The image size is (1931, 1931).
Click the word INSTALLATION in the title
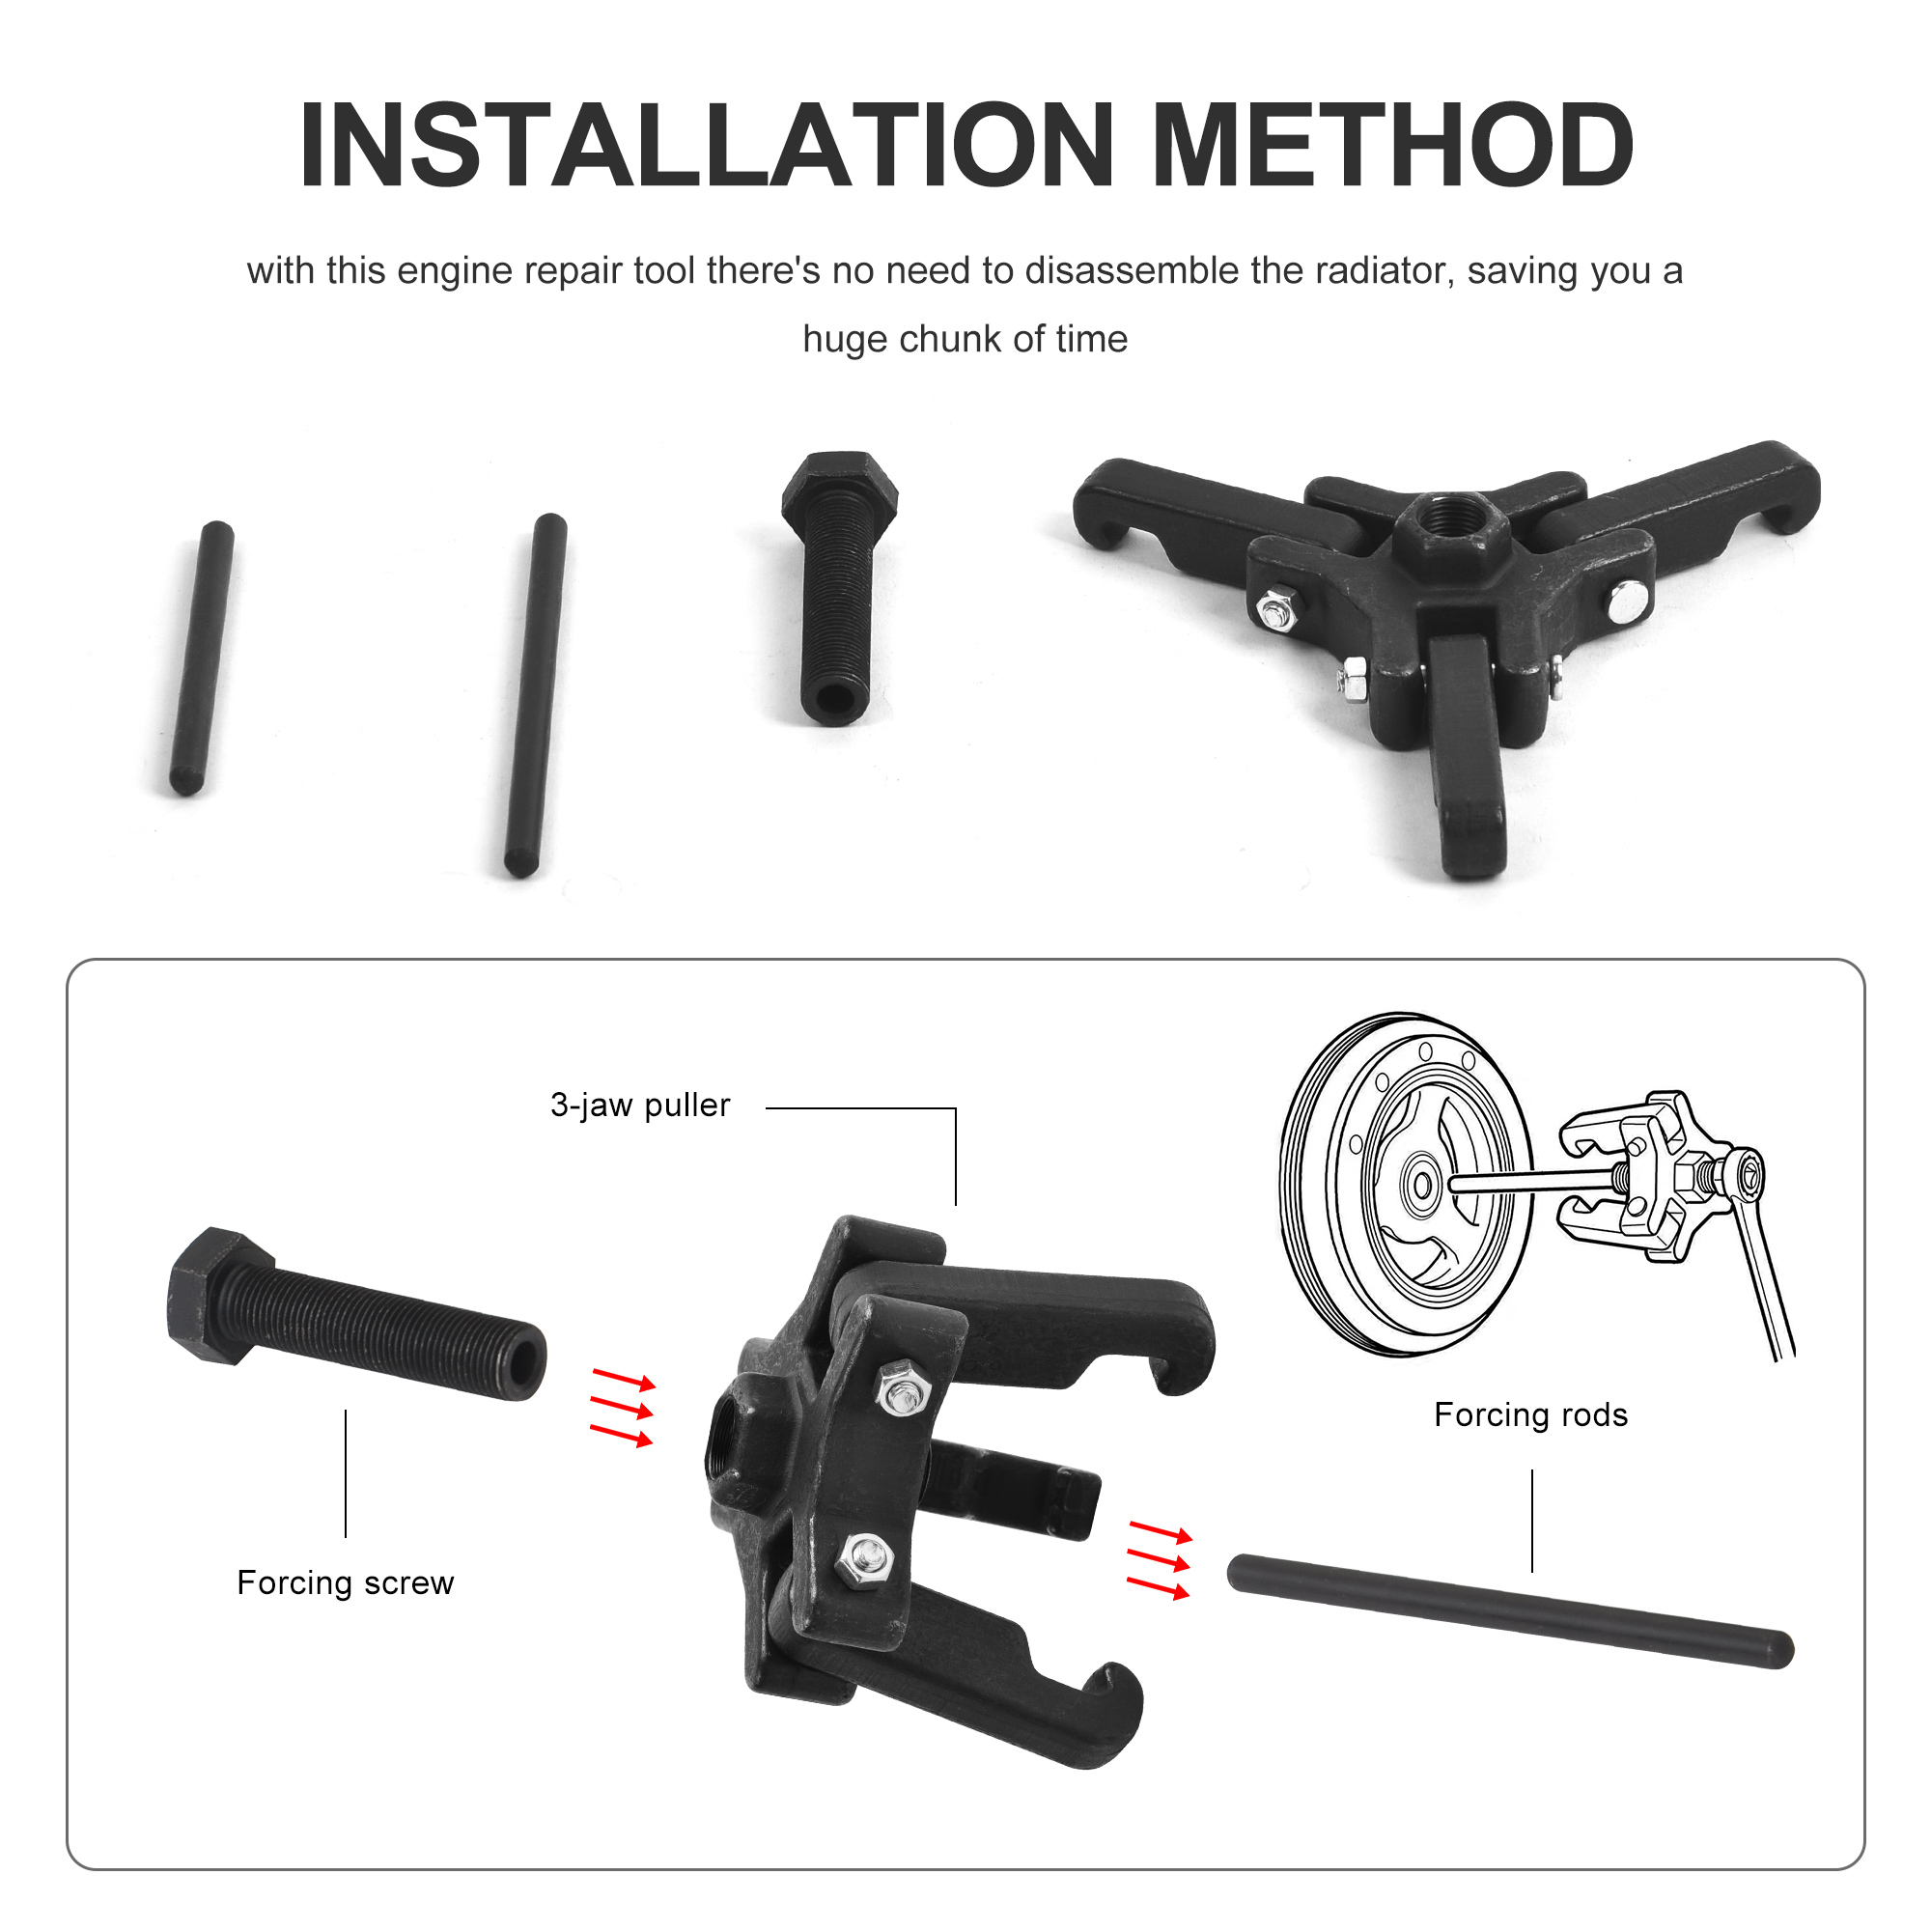tap(706, 145)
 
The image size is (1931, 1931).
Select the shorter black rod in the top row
tap(202, 658)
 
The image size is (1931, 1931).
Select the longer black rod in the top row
tap(536, 695)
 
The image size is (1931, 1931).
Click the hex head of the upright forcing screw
tap(839, 488)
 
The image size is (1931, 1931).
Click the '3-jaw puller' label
tap(640, 1105)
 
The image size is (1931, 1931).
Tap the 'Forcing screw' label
tap(345, 1583)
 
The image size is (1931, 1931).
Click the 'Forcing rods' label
tap(1530, 1415)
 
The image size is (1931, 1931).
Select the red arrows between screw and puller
tap(622, 1410)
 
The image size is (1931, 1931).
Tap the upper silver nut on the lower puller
tap(903, 1389)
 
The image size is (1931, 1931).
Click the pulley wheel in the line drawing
tap(1405, 1185)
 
